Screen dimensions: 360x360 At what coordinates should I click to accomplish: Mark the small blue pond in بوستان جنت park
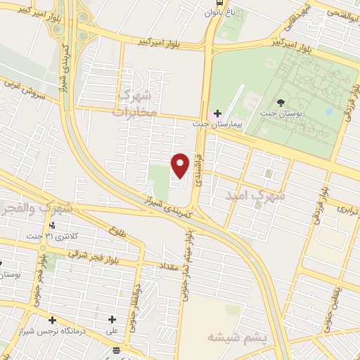coord(329,111)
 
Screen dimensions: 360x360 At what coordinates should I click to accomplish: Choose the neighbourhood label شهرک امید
coord(255,196)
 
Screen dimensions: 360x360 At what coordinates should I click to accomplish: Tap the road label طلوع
coord(117,230)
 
